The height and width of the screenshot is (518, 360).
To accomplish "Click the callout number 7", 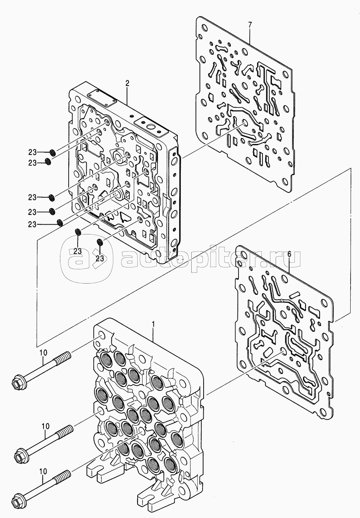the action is (x=249, y=24).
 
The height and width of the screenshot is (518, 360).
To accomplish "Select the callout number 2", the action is (x=127, y=84).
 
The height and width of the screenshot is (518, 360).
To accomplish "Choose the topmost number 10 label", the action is (x=43, y=353).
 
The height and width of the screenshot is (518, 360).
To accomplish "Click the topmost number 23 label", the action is (x=33, y=152).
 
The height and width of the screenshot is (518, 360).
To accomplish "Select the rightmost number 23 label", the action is (x=100, y=258).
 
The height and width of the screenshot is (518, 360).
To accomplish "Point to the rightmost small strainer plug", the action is (x=100, y=242).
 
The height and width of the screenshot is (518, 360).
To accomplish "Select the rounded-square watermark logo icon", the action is (x=86, y=258).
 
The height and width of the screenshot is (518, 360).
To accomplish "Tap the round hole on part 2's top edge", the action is (x=151, y=127).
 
